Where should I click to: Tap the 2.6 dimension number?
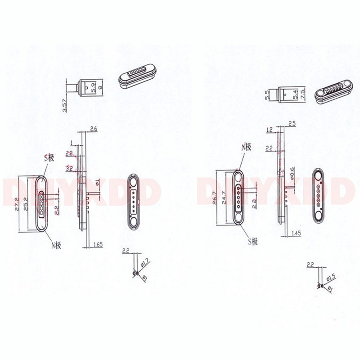click(x=94, y=129)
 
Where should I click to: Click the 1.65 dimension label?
click(x=99, y=244)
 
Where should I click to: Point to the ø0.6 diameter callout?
click(x=292, y=171)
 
